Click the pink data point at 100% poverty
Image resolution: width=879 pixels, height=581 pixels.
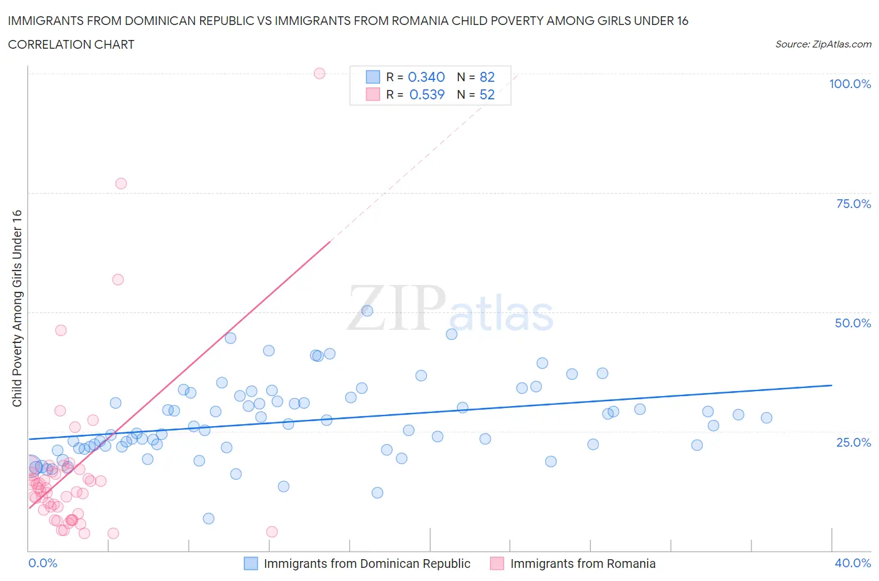point(319,73)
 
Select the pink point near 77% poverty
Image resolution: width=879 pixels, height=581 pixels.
point(121,184)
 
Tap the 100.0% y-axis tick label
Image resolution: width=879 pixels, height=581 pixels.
point(850,84)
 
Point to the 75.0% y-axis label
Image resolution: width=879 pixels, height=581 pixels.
point(853,204)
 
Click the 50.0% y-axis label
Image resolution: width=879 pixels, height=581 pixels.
point(853,323)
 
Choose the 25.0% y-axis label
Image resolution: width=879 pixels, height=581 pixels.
point(853,442)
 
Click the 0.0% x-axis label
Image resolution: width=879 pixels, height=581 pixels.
point(43,563)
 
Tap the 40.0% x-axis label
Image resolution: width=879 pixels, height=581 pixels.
point(853,563)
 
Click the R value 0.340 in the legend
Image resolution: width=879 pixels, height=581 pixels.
point(426,77)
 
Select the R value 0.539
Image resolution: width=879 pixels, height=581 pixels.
point(426,94)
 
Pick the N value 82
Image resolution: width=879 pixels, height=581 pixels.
point(487,77)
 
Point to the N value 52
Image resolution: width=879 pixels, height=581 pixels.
point(487,94)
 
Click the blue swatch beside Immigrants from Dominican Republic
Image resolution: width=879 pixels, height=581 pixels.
point(251,564)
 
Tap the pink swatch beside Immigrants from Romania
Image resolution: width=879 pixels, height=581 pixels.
point(497,564)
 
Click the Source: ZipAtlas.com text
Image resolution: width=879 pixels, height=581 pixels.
point(823,44)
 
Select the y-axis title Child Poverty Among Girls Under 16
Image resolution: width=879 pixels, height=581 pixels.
point(18,308)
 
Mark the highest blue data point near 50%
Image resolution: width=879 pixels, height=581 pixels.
point(367,311)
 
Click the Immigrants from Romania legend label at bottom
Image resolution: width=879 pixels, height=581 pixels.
point(583,564)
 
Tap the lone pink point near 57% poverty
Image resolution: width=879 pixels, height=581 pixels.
point(118,279)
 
